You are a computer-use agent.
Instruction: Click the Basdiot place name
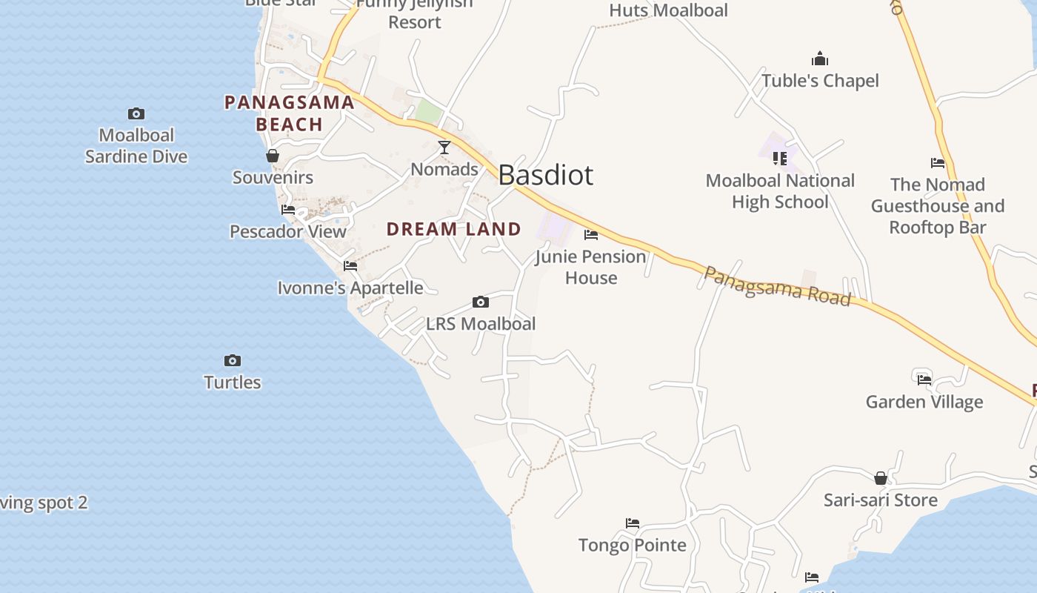546,175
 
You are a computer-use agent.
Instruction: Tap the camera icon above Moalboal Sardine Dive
136,113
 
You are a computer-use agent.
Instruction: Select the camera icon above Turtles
233,361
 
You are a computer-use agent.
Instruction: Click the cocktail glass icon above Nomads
444,148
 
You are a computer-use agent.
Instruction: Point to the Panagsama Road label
776,286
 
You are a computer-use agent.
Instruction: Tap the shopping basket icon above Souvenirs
273,156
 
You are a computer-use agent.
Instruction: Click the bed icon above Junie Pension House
591,235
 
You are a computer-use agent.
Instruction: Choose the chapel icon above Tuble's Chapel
820,59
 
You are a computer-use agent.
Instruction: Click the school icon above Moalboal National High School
780,158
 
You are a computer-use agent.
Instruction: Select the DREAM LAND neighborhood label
454,229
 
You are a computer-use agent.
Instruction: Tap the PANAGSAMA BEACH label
290,113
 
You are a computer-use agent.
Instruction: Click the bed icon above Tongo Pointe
633,523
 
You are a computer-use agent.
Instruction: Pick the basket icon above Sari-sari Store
881,478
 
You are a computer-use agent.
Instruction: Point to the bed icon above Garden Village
924,380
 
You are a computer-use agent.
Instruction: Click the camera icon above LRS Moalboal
481,302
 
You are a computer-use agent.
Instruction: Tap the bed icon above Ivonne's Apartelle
350,266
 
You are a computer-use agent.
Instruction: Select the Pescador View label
288,231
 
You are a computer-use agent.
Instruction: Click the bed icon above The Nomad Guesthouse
938,163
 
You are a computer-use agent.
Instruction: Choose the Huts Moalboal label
668,10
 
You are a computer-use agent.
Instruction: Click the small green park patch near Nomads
427,112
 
